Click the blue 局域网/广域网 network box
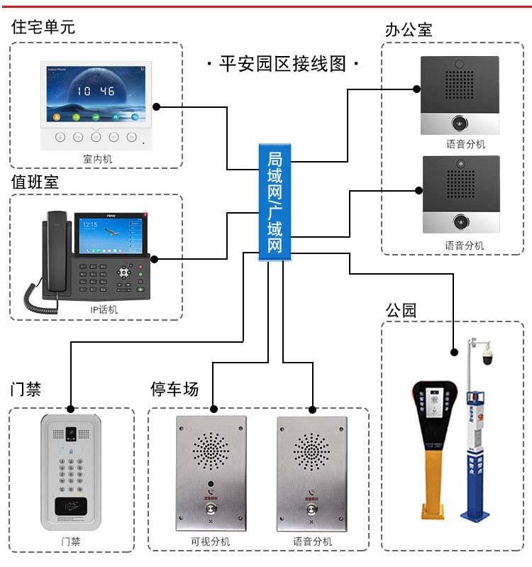pyautogui.click(x=274, y=202)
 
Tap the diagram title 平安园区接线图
pyautogui.click(x=282, y=63)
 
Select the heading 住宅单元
pyautogui.click(x=43, y=27)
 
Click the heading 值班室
pyautogui.click(x=35, y=182)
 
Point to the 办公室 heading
pyautogui.click(x=408, y=30)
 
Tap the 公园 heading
pyautogui.click(x=401, y=310)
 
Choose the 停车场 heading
pyautogui.click(x=174, y=389)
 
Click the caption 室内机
pyautogui.click(x=97, y=159)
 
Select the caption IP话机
pyautogui.click(x=104, y=309)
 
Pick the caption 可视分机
pyautogui.click(x=211, y=541)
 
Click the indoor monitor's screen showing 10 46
pyautogui.click(x=96, y=93)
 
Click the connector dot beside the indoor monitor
pyautogui.click(x=157, y=107)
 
